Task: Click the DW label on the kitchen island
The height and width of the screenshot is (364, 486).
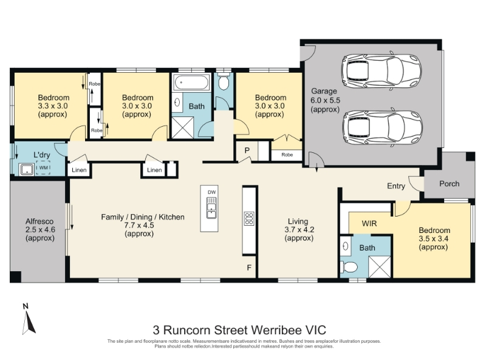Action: tap(211, 192)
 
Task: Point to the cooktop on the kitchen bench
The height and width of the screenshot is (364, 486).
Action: tap(249, 218)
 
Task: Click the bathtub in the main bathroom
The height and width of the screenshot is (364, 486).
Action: tap(191, 83)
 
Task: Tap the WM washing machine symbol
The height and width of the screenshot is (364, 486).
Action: tap(43, 168)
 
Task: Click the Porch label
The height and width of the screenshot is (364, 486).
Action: tap(449, 184)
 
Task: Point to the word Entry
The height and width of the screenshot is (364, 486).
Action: tap(396, 186)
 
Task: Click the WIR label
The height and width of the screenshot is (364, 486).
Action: tap(369, 223)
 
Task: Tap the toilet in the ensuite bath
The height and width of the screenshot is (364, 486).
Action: tap(349, 267)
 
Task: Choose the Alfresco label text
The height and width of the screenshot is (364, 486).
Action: tap(39, 221)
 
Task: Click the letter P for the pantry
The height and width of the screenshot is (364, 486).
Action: tap(247, 150)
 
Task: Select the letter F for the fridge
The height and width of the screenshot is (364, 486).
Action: tap(249, 268)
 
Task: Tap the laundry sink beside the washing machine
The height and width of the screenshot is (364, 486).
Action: tap(27, 169)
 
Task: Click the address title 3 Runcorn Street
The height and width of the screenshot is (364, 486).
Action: tap(239, 330)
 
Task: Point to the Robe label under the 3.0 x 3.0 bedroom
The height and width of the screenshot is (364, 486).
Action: tap(287, 155)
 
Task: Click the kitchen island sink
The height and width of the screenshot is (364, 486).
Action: tap(211, 207)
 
